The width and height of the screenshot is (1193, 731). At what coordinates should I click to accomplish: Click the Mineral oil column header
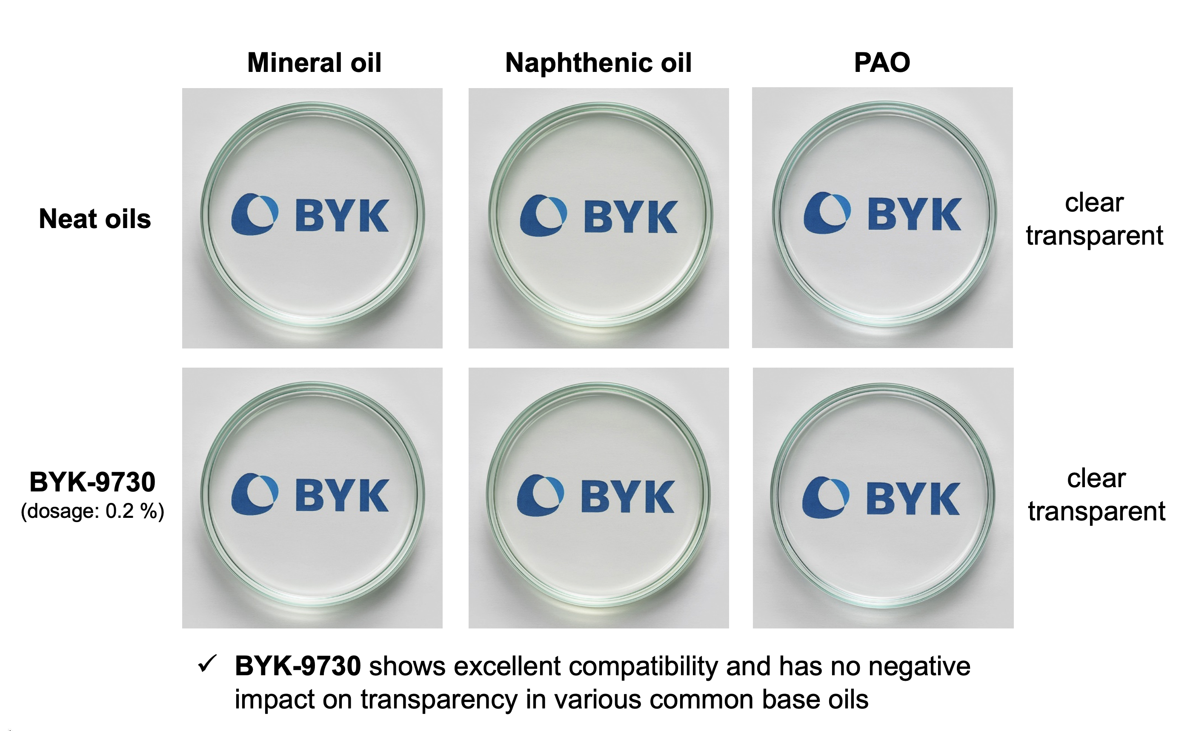tap(314, 63)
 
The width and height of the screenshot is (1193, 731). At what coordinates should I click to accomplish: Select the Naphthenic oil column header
tap(598, 63)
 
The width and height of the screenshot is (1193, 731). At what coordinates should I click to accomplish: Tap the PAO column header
tap(882, 63)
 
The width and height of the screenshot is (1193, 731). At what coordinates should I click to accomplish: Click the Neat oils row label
tap(95, 218)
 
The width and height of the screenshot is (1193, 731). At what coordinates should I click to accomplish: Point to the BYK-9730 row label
tap(92, 482)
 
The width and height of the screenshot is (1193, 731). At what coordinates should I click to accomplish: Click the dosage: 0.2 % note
tap(92, 511)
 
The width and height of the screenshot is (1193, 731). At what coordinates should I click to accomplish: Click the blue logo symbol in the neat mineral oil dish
tap(255, 214)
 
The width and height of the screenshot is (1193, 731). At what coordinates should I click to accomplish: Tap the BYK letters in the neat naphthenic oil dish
tap(630, 217)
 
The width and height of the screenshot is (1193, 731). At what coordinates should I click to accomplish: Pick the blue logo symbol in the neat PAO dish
tap(827, 213)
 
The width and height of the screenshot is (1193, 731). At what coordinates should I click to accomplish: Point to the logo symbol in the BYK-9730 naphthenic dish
tap(541, 495)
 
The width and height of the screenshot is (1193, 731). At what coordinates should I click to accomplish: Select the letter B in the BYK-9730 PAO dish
tap(881, 498)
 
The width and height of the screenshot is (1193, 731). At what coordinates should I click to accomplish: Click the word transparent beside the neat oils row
tap(1094, 237)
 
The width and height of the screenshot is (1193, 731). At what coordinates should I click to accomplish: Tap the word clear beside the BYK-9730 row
tap(1096, 479)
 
